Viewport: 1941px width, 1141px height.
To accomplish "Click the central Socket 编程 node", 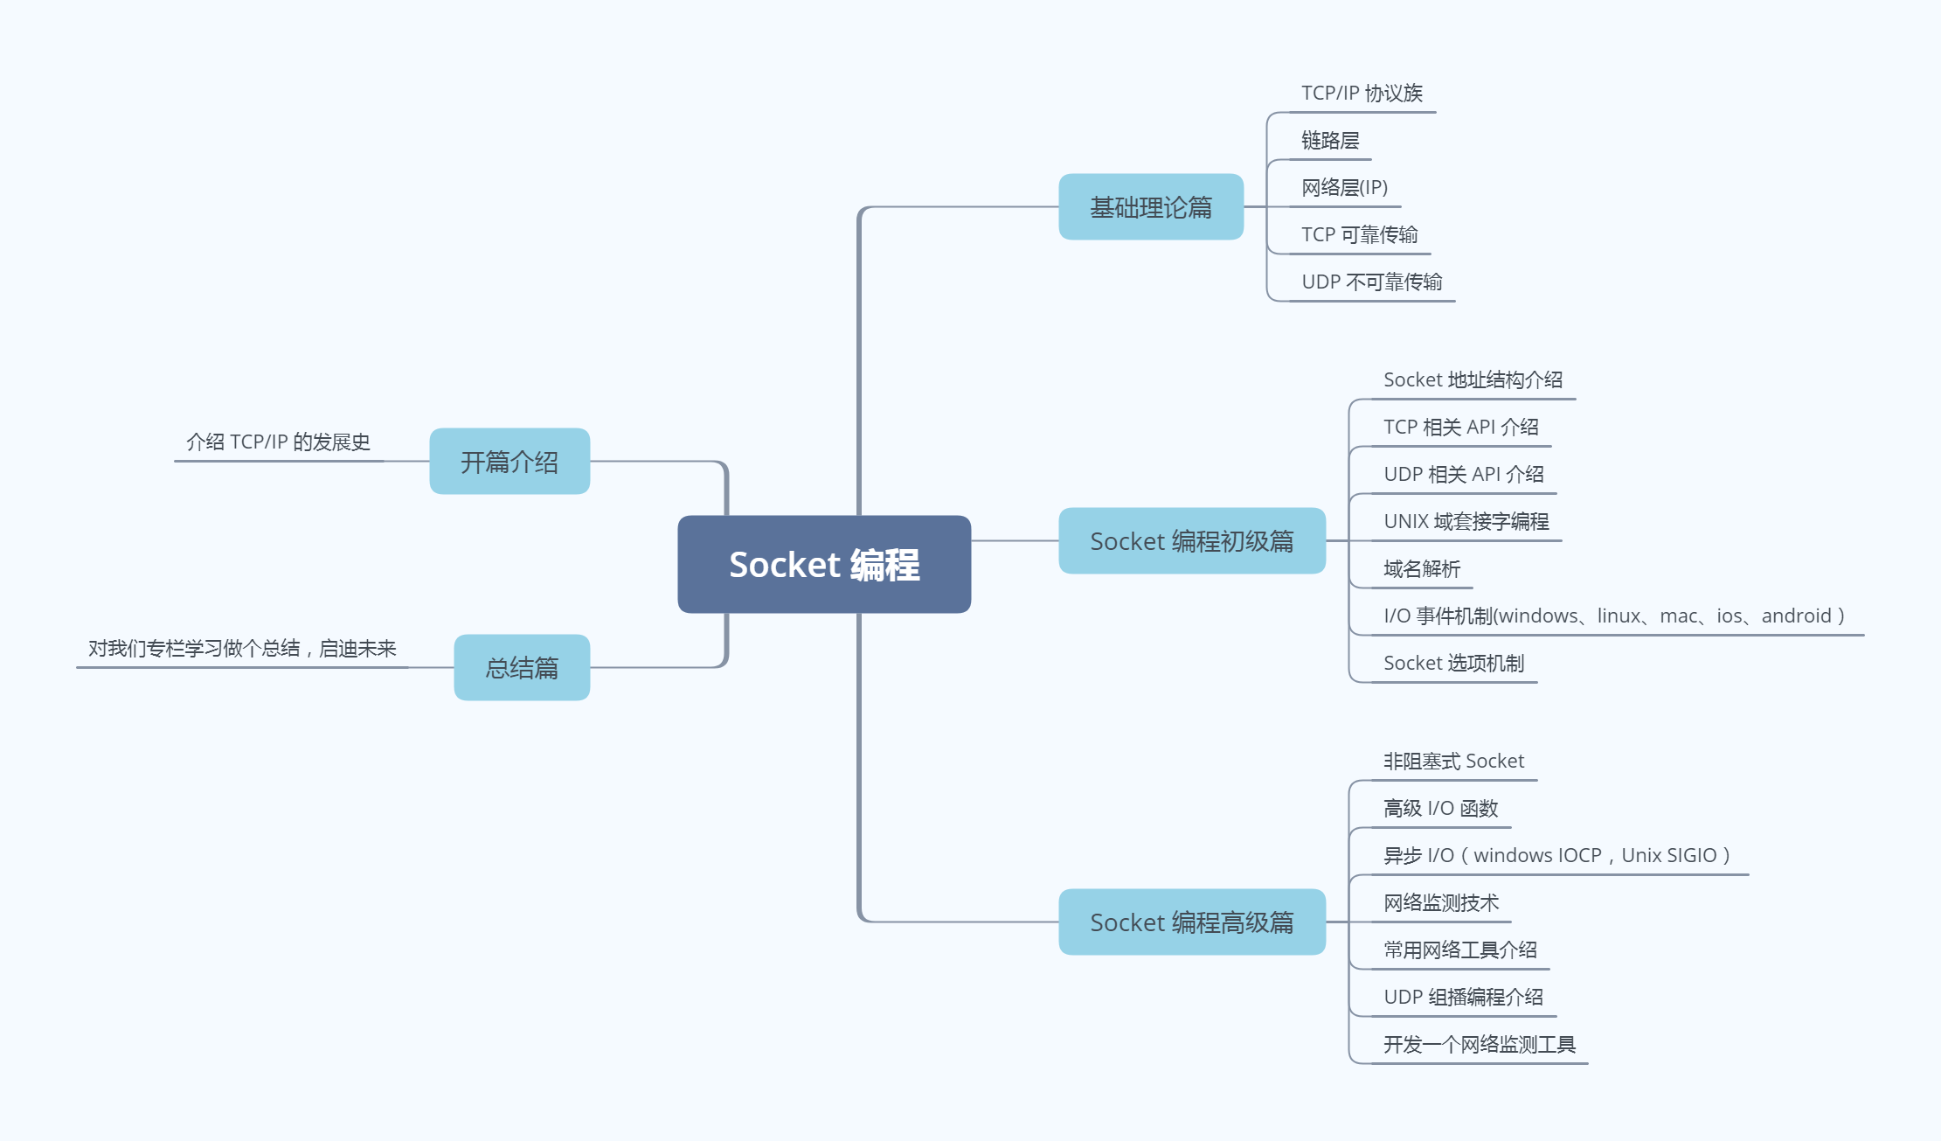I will (824, 565).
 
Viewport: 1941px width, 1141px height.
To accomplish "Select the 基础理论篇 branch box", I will (1150, 207).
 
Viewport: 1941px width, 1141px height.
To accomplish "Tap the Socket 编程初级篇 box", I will (1191, 541).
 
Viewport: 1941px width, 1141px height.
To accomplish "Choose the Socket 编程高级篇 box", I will (1191, 922).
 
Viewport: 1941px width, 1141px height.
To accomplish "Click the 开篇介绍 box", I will (510, 462).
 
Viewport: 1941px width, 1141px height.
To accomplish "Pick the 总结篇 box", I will (522, 668).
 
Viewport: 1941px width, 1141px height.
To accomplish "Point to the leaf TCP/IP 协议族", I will (1362, 94).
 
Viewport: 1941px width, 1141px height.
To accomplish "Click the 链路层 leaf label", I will (1329, 141).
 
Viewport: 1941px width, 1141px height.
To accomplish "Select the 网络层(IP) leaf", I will (1344, 188).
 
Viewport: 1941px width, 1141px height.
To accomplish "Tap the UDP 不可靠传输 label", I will (1371, 282).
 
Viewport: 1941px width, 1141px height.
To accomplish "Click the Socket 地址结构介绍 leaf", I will (1473, 380).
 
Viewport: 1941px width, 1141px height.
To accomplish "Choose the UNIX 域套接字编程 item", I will (1466, 522).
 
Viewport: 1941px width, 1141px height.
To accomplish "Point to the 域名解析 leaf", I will (1421, 569).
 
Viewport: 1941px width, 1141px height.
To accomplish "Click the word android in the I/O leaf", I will (1796, 616).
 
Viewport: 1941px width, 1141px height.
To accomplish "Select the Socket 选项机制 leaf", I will (1453, 664).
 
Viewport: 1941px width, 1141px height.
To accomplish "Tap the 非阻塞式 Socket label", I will (1453, 762).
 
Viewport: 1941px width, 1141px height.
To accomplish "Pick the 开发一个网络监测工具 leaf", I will (1479, 1045).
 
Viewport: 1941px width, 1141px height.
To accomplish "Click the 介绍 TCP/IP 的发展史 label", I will (278, 442).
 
